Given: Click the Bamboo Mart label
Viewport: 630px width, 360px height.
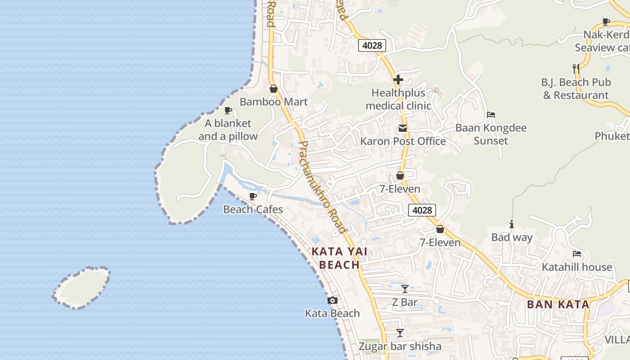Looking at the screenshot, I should (x=274, y=102).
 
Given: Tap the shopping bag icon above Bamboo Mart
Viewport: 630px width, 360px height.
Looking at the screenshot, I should (x=273, y=89).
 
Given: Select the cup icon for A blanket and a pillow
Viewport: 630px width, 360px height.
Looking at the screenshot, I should (x=228, y=110).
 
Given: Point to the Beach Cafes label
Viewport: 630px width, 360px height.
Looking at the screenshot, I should (x=253, y=209).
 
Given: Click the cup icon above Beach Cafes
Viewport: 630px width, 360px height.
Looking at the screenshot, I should (x=253, y=196).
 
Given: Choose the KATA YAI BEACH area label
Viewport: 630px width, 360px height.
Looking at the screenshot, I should (x=339, y=258).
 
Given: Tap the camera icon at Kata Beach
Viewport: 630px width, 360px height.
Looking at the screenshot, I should (x=333, y=300).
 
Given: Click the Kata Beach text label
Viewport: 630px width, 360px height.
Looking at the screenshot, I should (x=333, y=313).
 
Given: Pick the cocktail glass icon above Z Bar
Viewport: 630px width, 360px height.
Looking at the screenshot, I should (x=405, y=289).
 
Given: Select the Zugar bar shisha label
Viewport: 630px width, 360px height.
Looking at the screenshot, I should (x=400, y=346).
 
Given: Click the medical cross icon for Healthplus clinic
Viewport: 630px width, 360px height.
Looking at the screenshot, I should (x=398, y=80).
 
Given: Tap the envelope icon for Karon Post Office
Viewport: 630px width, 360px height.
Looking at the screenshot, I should (x=403, y=129).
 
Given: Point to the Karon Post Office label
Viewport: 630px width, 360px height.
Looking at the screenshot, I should (x=403, y=141).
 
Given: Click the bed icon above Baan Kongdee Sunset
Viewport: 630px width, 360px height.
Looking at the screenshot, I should (x=491, y=115).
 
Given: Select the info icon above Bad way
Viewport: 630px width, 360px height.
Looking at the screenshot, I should (x=512, y=225).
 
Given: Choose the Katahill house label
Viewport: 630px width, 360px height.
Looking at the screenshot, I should (x=577, y=267).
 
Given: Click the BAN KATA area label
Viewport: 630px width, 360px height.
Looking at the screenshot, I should (x=558, y=304).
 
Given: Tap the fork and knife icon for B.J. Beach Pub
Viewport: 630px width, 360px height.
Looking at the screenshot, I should (x=576, y=69).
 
